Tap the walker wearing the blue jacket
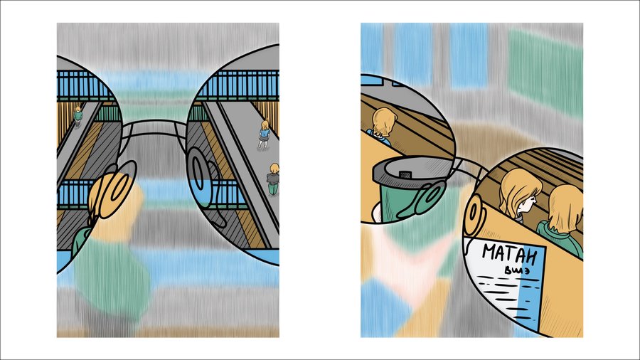click(265, 134)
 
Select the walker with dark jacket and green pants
click(273, 179)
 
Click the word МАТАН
click(509, 254)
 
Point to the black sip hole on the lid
click(405, 175)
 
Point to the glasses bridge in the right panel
click(469, 164)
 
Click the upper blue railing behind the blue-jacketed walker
click(236, 85)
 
